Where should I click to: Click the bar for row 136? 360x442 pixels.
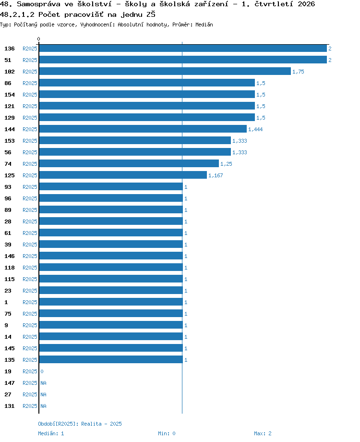(183, 49)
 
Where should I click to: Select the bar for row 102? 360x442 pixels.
(165, 71)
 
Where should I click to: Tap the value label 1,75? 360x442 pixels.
(298, 72)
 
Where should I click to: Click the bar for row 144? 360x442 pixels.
(143, 129)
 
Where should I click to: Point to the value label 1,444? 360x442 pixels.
(255, 129)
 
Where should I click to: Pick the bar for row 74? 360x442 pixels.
(129, 163)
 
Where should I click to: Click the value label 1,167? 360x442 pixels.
(216, 175)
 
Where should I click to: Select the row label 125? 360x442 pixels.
(10, 175)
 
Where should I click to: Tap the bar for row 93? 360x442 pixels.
(111, 186)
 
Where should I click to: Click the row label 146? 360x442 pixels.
(10, 256)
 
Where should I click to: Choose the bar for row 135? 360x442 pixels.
(111, 359)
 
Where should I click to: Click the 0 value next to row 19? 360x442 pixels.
(42, 371)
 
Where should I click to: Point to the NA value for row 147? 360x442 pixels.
(43, 383)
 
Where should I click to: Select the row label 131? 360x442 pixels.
(10, 406)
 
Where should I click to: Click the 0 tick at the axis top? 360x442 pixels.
(38, 39)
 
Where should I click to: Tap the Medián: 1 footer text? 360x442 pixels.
(51, 433)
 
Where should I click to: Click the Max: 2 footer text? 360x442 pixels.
(263, 433)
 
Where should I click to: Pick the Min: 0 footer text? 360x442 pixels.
(167, 433)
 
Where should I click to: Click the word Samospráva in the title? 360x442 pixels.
(38, 4)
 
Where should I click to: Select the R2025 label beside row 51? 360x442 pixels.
(30, 60)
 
